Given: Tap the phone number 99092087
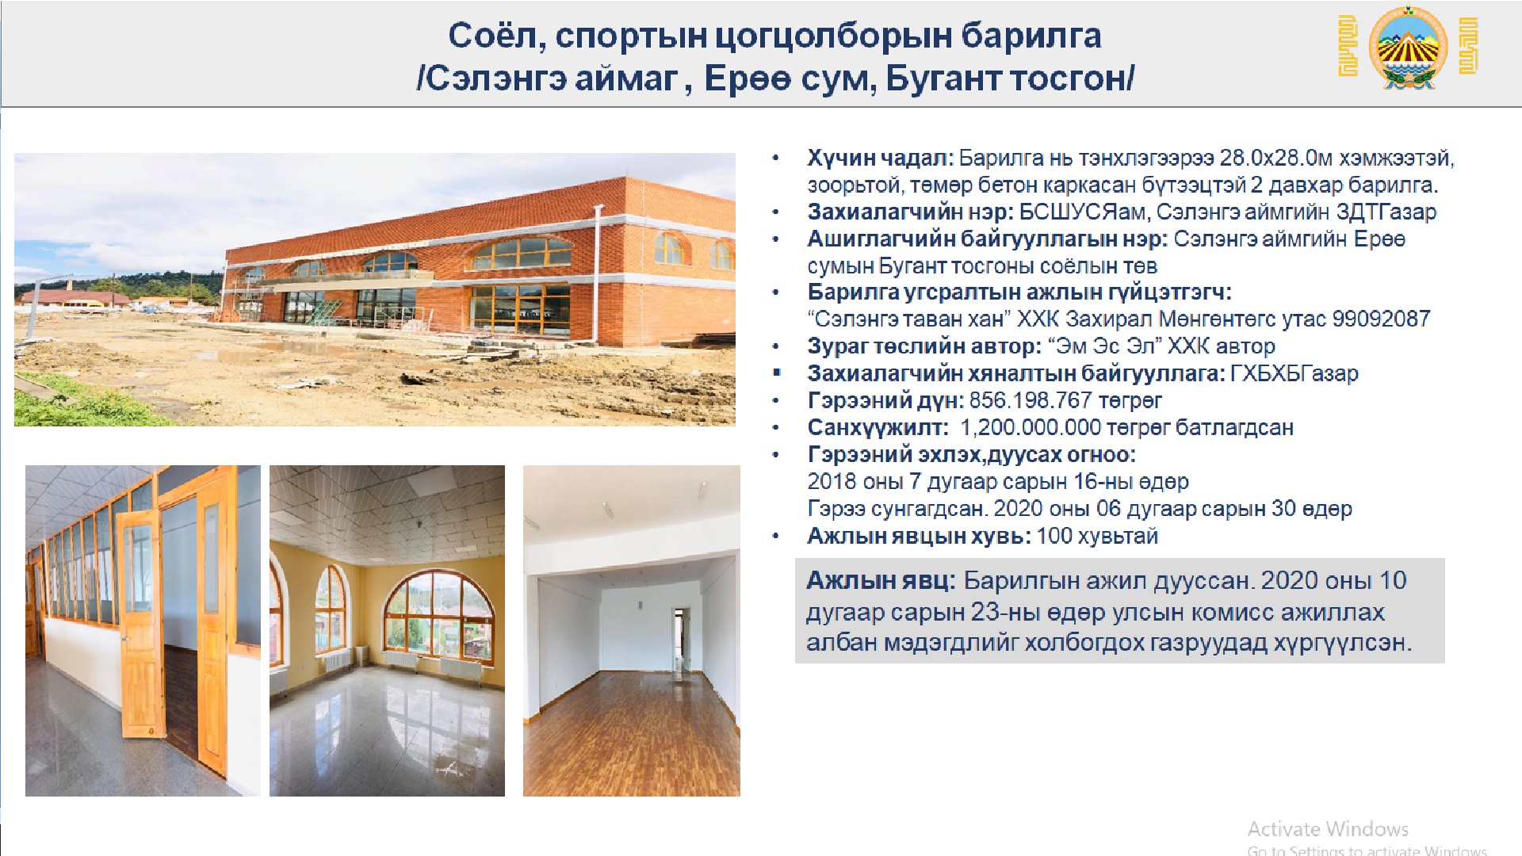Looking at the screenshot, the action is pyautogui.click(x=1381, y=319).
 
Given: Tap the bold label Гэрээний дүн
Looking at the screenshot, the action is pyautogui.click(x=885, y=400).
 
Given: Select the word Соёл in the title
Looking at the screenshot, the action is pyautogui.click(x=497, y=36).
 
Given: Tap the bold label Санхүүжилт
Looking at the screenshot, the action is pyautogui.click(x=878, y=428).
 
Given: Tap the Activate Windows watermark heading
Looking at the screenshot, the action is pyautogui.click(x=1328, y=829).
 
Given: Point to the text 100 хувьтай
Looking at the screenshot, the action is pyautogui.click(x=1097, y=537).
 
